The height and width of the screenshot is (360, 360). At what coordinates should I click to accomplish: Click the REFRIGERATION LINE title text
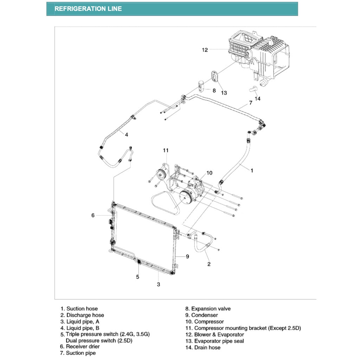coord(88,9)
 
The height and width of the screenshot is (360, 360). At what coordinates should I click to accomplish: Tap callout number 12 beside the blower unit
coord(205,50)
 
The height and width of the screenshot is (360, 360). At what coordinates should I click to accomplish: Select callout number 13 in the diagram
coord(224,93)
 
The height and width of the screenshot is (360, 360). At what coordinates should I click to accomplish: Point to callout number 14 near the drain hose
coord(258,98)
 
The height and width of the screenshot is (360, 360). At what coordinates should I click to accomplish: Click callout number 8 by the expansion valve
coord(214,90)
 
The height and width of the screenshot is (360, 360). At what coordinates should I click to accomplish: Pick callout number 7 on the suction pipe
coord(250,103)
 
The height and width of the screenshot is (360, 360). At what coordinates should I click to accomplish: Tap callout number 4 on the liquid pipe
coord(126,134)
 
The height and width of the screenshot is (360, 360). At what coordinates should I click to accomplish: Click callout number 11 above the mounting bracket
coord(166,150)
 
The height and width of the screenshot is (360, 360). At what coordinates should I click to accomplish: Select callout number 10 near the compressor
coord(210,173)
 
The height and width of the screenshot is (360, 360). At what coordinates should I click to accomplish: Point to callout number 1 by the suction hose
coord(252,171)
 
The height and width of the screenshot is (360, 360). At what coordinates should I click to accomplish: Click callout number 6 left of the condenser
coord(93,215)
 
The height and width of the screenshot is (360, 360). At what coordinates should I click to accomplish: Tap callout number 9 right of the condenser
coord(187,257)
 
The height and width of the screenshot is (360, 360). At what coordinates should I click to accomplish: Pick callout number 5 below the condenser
coord(137,277)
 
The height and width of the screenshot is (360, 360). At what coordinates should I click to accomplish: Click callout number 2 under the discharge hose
coord(209,264)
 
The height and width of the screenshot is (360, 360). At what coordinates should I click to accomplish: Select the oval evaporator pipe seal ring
coord(214,76)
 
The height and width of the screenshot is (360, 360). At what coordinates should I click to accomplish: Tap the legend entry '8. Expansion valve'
coord(208,309)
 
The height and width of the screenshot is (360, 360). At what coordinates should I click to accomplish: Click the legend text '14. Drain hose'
coord(203,347)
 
